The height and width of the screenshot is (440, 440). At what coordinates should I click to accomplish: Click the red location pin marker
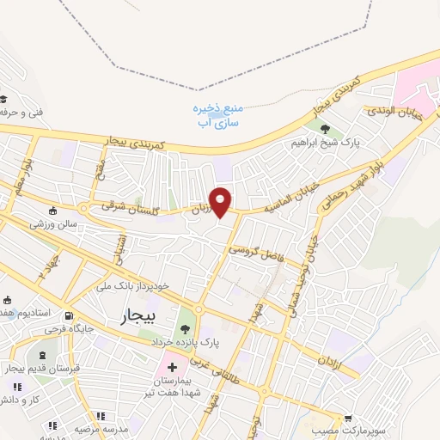(x=221, y=201)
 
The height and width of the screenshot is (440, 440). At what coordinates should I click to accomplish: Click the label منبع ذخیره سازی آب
(x=213, y=115)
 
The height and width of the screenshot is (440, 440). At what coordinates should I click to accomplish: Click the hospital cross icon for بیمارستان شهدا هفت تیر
(x=173, y=367)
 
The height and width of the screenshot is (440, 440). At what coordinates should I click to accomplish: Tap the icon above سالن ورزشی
(x=53, y=211)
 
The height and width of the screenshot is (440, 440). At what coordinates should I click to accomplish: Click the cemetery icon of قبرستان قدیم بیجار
(x=40, y=355)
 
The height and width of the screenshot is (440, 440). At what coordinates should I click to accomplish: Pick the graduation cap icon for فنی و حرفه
(x=4, y=99)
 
